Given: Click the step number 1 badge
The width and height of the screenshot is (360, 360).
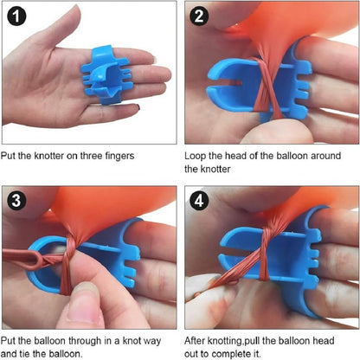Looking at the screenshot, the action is tap(16, 16).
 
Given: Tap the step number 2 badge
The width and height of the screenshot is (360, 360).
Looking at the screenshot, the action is tap(199, 16).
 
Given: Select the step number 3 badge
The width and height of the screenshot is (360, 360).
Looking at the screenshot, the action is tap(16, 200).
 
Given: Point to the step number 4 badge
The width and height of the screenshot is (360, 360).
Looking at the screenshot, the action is tap(199, 200).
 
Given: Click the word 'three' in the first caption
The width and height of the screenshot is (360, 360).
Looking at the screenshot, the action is tap(91, 156).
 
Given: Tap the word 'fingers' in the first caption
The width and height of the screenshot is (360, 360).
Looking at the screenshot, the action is tap(119, 156).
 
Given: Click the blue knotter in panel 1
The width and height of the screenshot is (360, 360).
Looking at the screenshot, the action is tap(107, 75).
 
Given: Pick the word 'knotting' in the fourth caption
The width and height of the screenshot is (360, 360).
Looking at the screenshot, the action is tap(226, 341).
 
